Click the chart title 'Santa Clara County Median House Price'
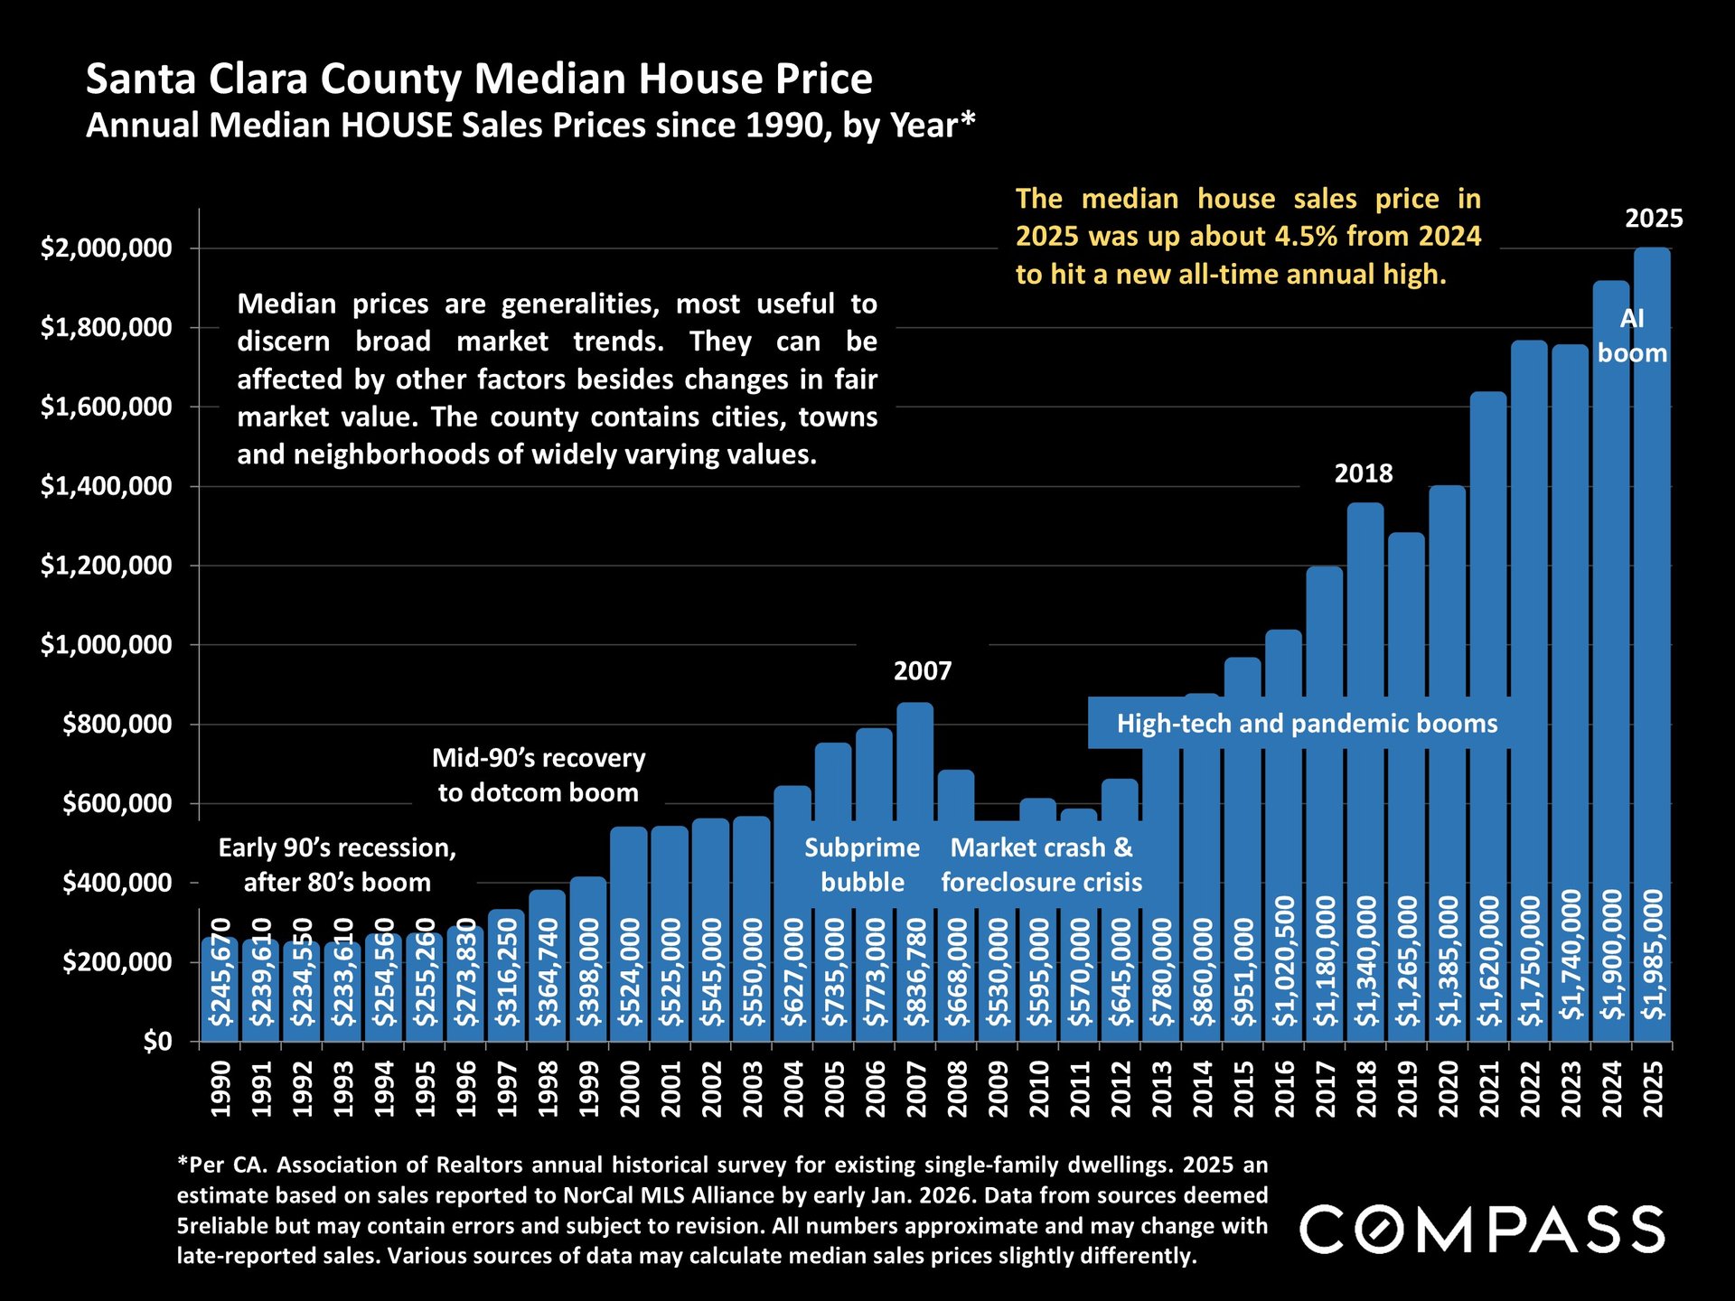click(479, 80)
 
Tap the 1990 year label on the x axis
click(221, 1089)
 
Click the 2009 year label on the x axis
click(998, 1089)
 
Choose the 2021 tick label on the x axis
click(1488, 1089)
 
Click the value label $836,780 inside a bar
click(916, 972)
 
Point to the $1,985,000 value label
click(1653, 954)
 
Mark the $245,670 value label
click(221, 972)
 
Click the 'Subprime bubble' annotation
click(862, 865)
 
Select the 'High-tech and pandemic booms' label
click(1307, 724)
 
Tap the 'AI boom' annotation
click(1632, 335)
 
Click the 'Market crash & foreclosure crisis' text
click(1041, 865)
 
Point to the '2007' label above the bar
click(923, 671)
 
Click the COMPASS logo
click(1482, 1230)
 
